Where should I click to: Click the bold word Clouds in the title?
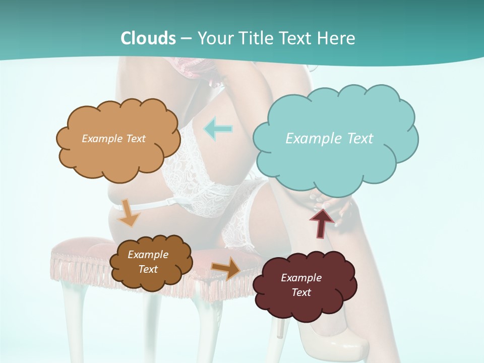[x=148, y=38]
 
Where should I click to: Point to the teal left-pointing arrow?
[x=218, y=129]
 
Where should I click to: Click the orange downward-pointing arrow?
[x=129, y=214]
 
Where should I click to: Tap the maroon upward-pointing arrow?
[x=321, y=222]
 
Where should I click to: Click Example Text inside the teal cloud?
[x=329, y=139]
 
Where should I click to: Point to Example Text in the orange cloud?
[x=113, y=139]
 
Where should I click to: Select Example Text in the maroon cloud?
[x=301, y=285]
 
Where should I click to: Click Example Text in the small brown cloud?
[x=148, y=262]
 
